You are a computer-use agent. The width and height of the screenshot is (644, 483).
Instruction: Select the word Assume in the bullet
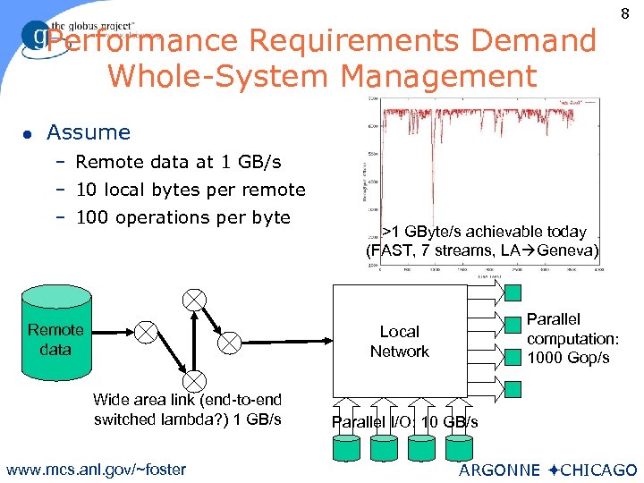pyautogui.click(x=89, y=132)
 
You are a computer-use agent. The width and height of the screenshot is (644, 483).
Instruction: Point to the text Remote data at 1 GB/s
pyautogui.click(x=178, y=162)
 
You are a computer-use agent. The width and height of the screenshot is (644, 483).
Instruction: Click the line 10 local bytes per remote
pyautogui.click(x=191, y=190)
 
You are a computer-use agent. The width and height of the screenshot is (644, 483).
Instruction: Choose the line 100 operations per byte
pyautogui.click(x=183, y=217)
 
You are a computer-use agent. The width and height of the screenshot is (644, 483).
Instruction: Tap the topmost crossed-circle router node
pyautogui.click(x=194, y=300)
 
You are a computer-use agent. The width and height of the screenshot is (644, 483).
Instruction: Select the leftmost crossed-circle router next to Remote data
pyautogui.click(x=144, y=333)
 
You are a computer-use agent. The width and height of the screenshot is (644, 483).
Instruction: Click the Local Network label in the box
pyautogui.click(x=399, y=342)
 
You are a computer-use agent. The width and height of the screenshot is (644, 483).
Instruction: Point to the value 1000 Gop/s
pyautogui.click(x=568, y=358)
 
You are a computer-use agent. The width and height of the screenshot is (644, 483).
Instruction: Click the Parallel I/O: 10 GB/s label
pyautogui.click(x=405, y=422)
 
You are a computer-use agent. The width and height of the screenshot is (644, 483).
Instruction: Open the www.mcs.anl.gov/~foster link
pyautogui.click(x=95, y=470)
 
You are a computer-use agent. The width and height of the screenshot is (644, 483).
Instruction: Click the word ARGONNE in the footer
pyautogui.click(x=499, y=470)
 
